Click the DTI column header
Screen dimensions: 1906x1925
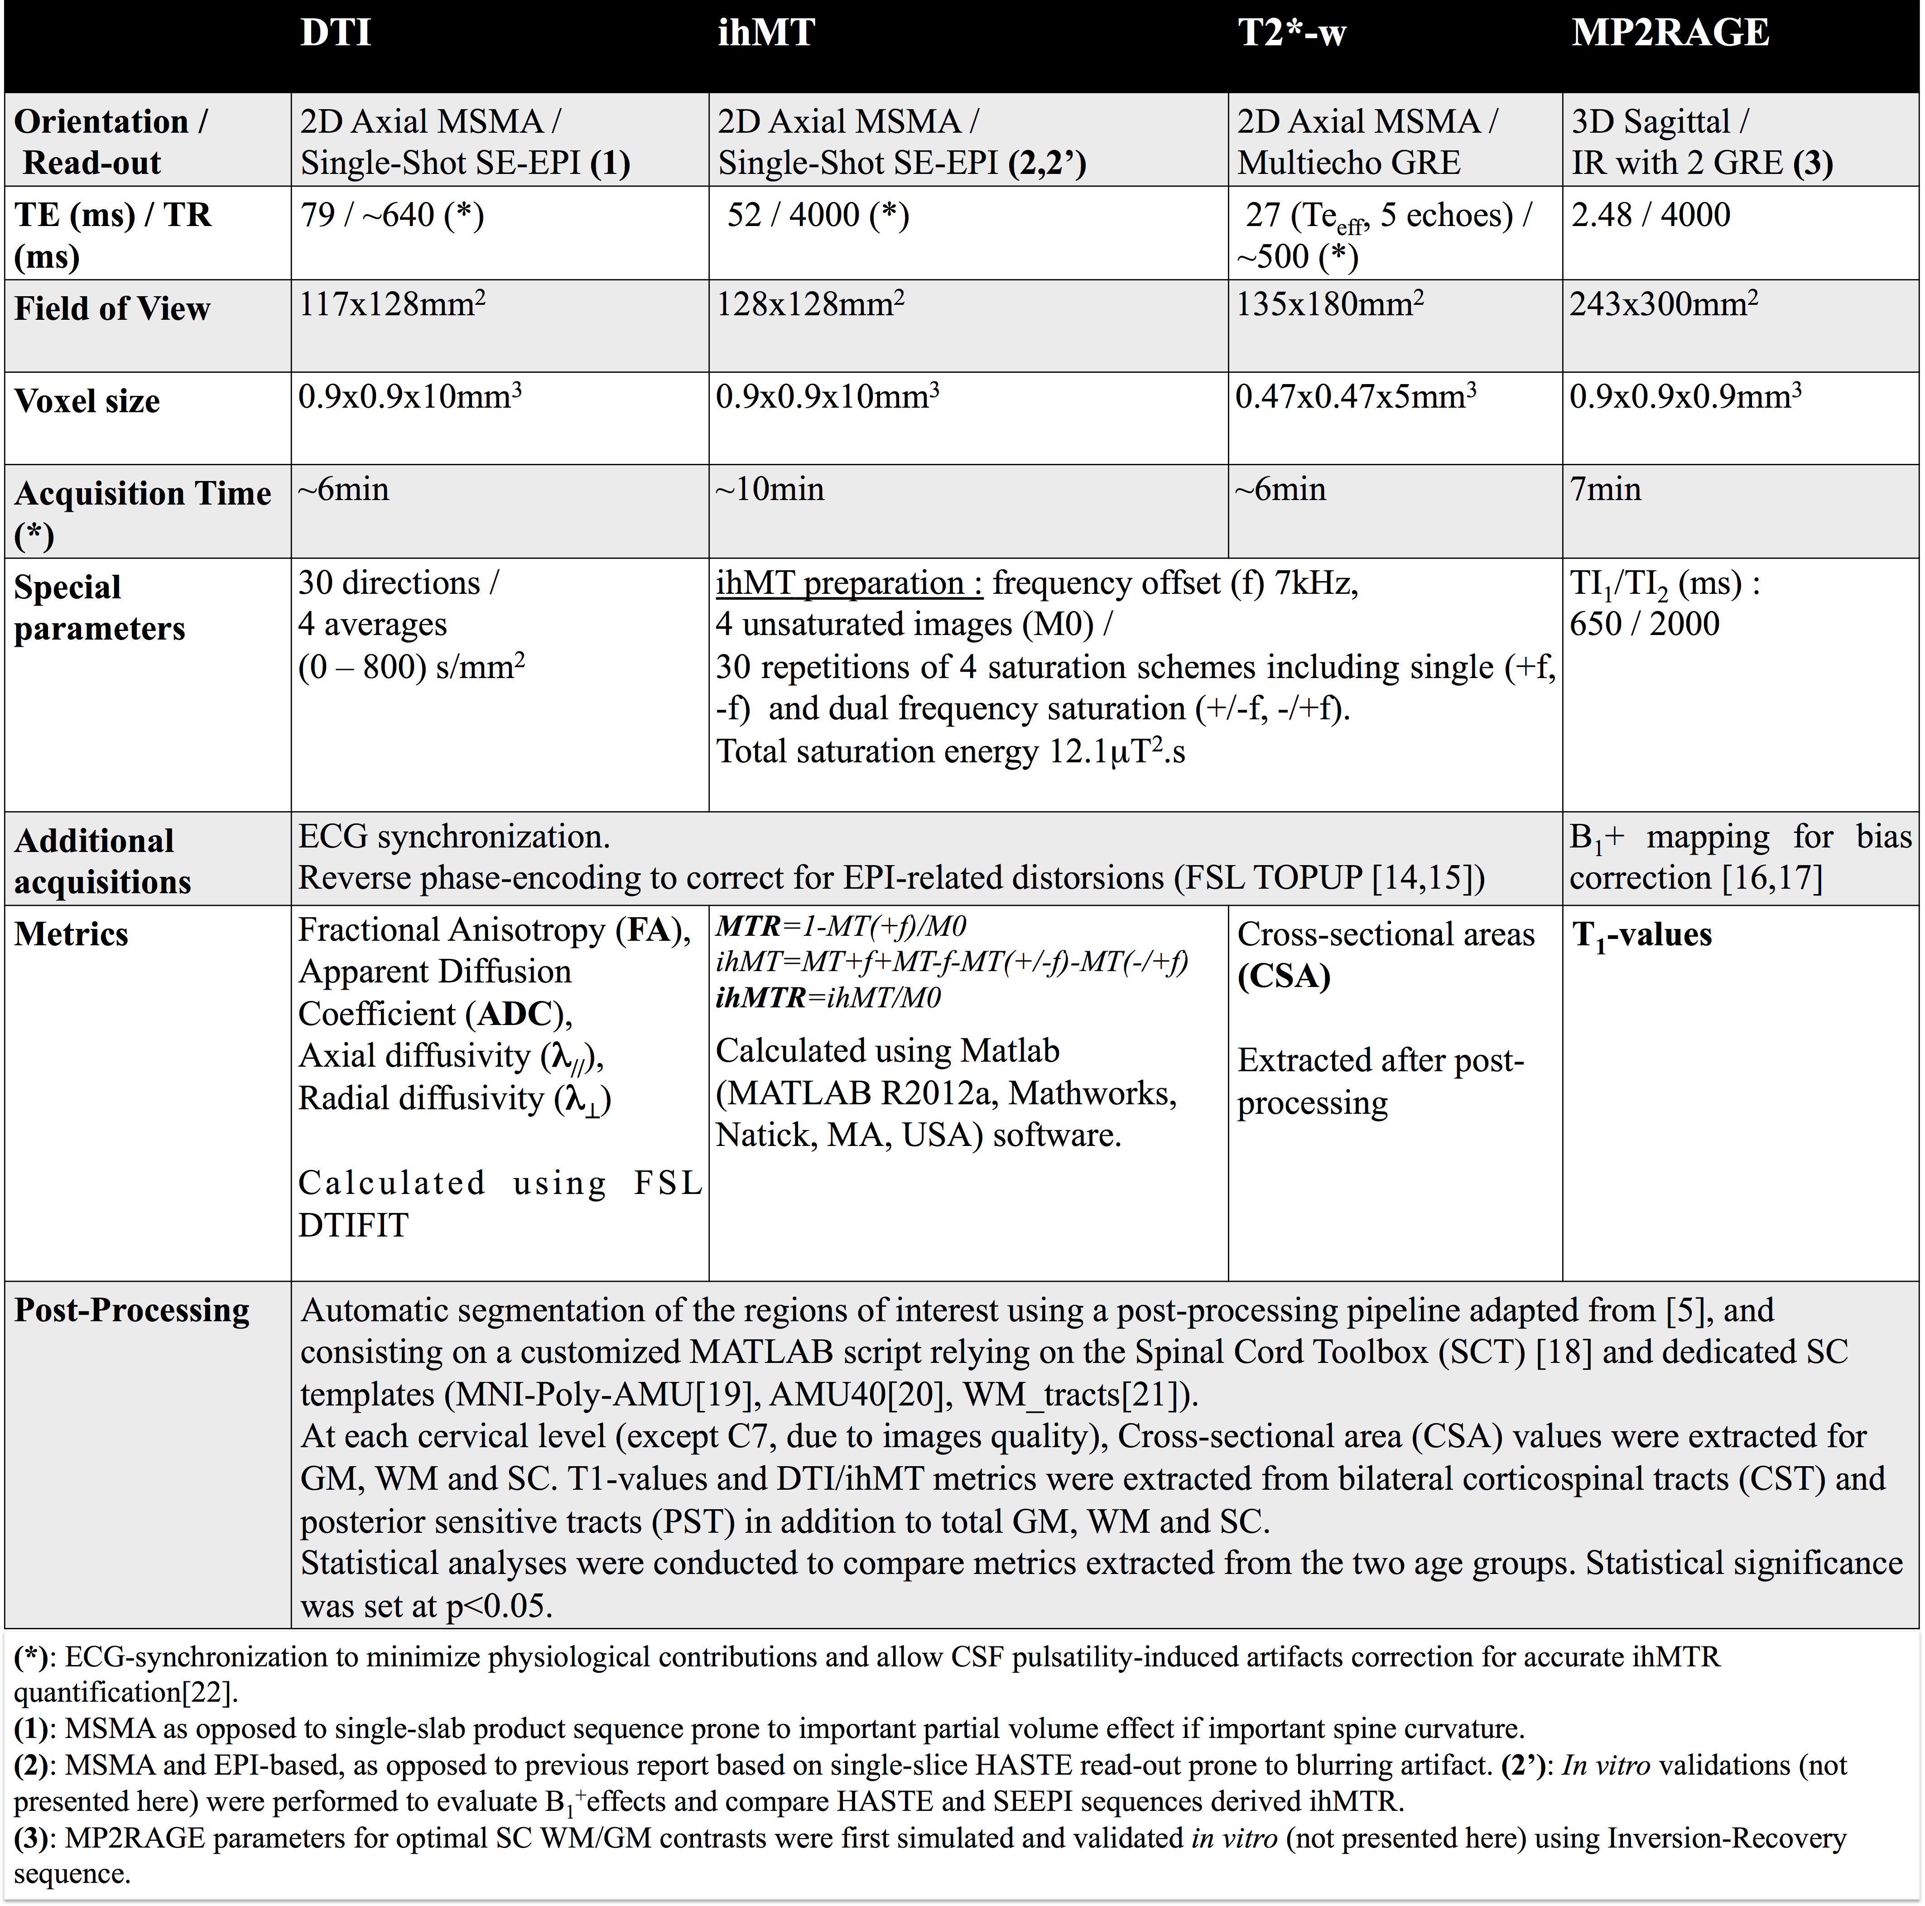pos(336,33)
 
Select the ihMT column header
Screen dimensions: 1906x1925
pos(766,33)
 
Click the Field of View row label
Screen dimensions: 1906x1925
pos(111,309)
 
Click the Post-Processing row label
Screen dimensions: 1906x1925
pos(131,1310)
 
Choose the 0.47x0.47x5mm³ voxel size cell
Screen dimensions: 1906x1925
pos(1355,396)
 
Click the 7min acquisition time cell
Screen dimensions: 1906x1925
pos(1605,489)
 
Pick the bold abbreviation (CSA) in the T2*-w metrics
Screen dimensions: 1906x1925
pos(1283,977)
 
